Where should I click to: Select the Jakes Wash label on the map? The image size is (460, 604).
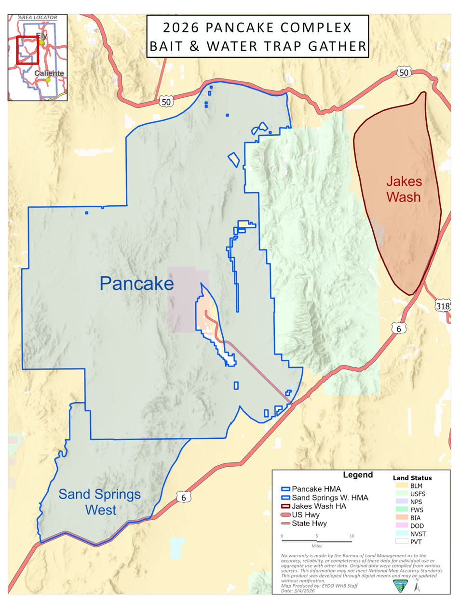[404, 189]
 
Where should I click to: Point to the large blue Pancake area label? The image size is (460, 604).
[136, 284]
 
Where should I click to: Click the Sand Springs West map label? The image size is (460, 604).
[100, 502]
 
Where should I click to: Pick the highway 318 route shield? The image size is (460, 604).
[443, 306]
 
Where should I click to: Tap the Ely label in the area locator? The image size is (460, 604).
[42, 36]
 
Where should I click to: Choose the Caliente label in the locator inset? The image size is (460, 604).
[49, 73]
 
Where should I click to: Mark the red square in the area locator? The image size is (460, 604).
[27, 50]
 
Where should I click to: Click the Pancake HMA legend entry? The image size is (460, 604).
[316, 489]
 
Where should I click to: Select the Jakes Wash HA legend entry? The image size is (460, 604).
[319, 506]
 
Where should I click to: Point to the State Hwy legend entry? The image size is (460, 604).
[309, 524]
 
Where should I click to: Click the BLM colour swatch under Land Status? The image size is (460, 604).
[402, 486]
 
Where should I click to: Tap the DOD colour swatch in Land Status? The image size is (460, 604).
[402, 525]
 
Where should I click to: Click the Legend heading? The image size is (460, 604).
[358, 475]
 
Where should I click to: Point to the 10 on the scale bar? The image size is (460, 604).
[352, 536]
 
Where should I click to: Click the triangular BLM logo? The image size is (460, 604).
[400, 586]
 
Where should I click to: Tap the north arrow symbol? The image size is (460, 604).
[417, 586]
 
